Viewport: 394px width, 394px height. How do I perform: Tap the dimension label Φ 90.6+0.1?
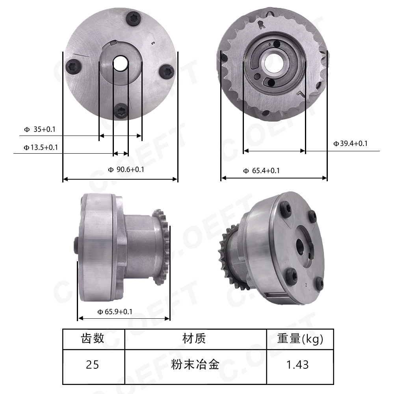[x=126, y=170]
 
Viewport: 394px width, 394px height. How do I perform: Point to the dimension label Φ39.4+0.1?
[x=350, y=144]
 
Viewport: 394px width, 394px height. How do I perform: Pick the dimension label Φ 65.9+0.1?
[x=115, y=312]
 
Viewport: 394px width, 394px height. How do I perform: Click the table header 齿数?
[x=93, y=338]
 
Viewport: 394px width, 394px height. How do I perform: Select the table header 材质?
[x=195, y=338]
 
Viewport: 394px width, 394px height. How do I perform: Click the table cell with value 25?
[x=93, y=365]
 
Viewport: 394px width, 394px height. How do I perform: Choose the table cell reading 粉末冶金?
[x=195, y=365]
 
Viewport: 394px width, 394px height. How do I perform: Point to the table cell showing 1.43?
[x=298, y=365]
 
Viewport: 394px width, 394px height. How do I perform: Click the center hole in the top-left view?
[x=120, y=63]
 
